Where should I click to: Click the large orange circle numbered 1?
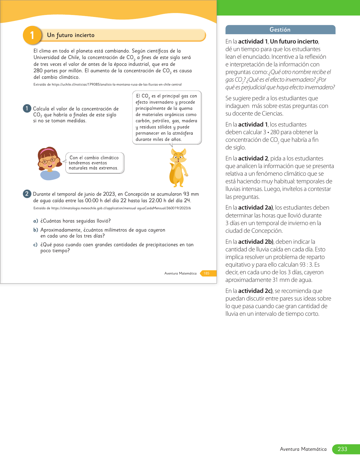[x=32, y=35]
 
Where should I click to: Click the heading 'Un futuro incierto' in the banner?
[x=71, y=35]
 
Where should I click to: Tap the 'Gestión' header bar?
[x=280, y=30]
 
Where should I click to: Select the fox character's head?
[x=178, y=156]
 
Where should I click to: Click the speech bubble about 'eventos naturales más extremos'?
[x=95, y=163]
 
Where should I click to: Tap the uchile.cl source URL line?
[x=108, y=84]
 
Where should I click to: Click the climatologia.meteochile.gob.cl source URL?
[x=112, y=208]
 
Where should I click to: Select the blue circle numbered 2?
[x=27, y=194]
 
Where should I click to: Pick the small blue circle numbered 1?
[x=27, y=108]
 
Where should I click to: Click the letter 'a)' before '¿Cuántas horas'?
[x=36, y=221]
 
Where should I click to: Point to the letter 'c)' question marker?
[x=36, y=245]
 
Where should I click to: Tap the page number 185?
[x=207, y=273]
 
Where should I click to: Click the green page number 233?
[x=342, y=449]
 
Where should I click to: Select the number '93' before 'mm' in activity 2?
[x=186, y=194]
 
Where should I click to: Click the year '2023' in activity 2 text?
[x=109, y=194]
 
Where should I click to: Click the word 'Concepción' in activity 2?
[x=137, y=194]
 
